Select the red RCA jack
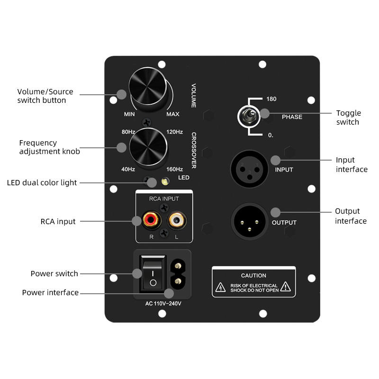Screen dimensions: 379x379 click(x=150, y=220)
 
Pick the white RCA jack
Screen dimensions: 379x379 click(x=178, y=220)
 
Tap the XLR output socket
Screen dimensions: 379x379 click(x=246, y=220)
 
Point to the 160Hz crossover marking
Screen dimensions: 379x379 click(x=175, y=169)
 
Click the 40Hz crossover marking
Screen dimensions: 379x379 click(x=128, y=169)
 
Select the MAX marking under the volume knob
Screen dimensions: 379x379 click(x=173, y=114)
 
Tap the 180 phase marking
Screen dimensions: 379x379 click(x=271, y=99)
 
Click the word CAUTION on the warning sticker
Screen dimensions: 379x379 click(x=253, y=275)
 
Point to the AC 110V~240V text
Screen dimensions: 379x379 click(x=163, y=304)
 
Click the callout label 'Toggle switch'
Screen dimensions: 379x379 click(x=348, y=117)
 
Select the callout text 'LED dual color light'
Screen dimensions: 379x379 click(x=42, y=182)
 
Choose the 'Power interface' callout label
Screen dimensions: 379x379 click(x=50, y=292)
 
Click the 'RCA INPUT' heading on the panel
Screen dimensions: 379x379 click(x=164, y=199)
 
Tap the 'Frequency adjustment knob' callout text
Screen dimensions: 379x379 click(x=49, y=147)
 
